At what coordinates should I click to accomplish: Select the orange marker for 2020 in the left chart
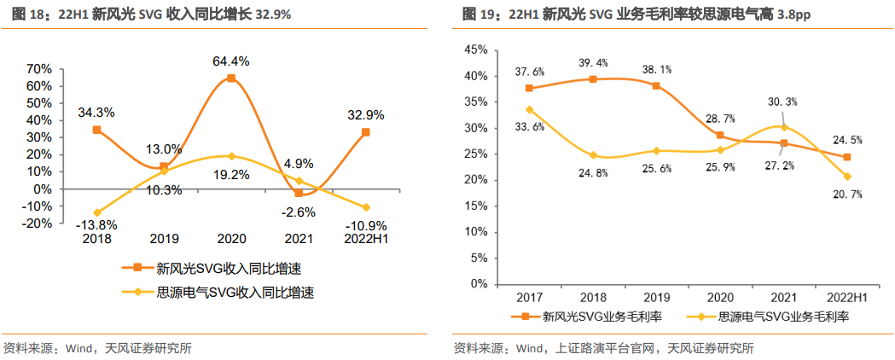click(231, 78)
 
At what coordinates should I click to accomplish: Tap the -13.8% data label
click(97, 225)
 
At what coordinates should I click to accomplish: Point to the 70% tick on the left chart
click(39, 69)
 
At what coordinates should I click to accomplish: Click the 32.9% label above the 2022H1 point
click(365, 115)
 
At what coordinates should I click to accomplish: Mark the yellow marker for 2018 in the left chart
click(96, 212)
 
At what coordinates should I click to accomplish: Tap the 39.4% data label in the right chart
click(592, 62)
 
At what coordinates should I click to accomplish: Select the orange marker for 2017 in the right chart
click(529, 88)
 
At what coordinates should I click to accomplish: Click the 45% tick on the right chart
click(475, 50)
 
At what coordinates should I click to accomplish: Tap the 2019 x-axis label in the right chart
click(656, 298)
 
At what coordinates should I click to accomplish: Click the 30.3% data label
click(782, 102)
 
